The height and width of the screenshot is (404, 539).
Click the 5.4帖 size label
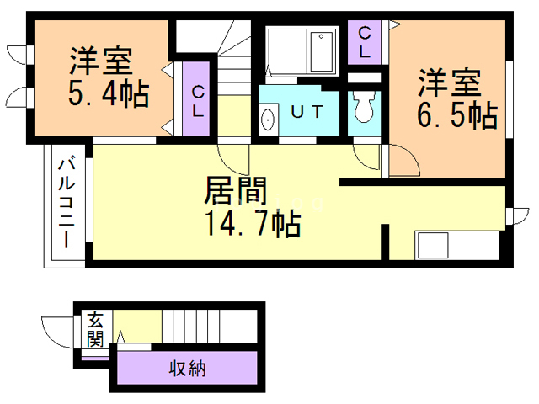coord(109,93)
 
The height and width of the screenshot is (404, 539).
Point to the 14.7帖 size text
coord(252,224)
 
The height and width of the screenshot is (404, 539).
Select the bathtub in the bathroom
coord(322,52)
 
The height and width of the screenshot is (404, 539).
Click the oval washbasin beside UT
coord(269,120)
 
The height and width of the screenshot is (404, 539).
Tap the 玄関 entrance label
coord(95,329)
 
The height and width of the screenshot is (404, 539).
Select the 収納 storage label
coord(188,369)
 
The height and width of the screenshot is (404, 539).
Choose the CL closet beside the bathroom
coord(365,40)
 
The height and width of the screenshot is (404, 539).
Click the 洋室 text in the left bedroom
coord(99,61)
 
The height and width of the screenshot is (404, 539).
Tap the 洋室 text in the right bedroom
coord(451,84)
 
